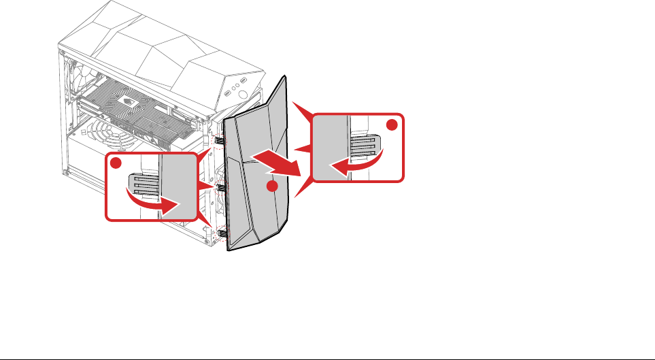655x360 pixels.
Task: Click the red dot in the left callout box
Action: coord(116,163)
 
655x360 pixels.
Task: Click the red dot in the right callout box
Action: coord(392,125)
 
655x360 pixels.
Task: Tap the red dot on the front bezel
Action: coord(271,186)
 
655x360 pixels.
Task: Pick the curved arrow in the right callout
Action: coord(356,161)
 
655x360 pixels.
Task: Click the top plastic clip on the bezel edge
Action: coord(220,140)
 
